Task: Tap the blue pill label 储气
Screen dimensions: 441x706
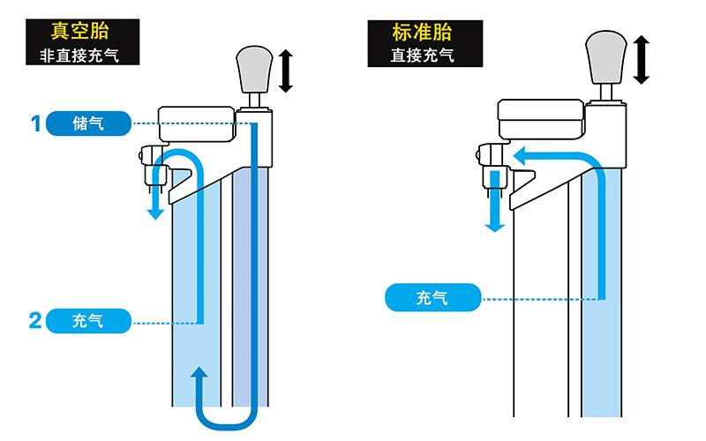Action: [88, 123]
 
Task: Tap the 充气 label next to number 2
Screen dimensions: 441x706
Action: [88, 320]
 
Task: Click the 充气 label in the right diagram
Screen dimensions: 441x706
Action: [432, 298]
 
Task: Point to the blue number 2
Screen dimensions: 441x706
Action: [35, 321]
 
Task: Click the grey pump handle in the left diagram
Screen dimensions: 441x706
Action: [254, 68]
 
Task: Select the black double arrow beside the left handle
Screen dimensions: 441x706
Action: [285, 71]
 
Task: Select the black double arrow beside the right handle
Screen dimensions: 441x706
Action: [641, 60]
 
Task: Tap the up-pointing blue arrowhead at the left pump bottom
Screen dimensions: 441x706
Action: [200, 374]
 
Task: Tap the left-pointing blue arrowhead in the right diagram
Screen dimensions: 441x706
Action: [521, 157]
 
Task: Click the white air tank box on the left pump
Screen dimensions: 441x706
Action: [196, 121]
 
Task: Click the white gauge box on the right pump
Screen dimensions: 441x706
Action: [541, 119]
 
